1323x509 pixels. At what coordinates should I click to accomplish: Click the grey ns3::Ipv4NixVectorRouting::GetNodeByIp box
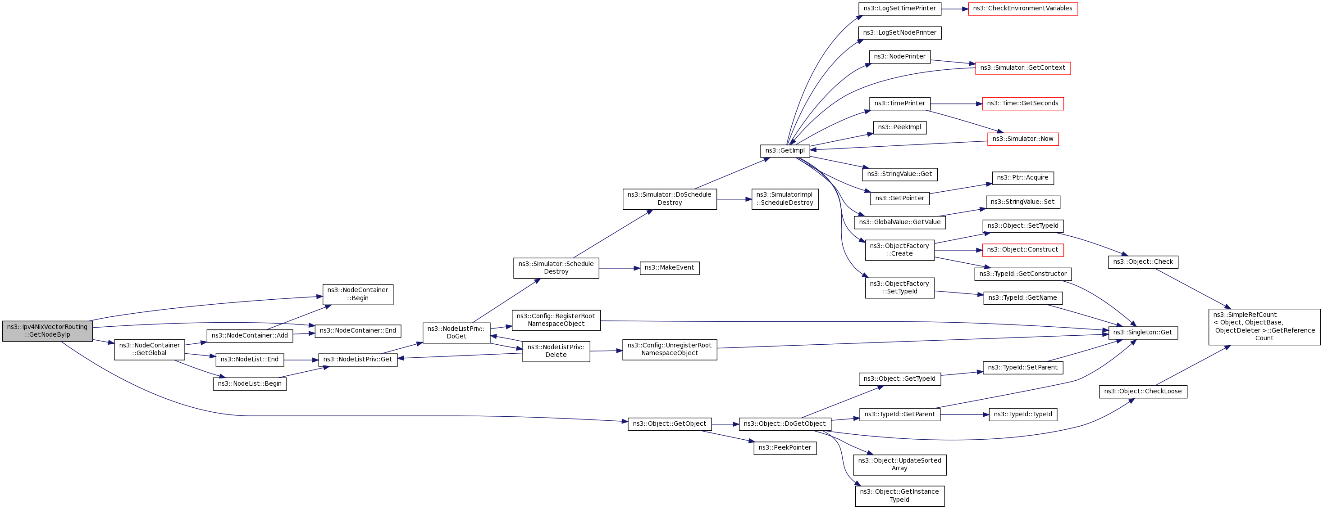click(47, 331)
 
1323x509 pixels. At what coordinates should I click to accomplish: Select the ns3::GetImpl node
click(785, 151)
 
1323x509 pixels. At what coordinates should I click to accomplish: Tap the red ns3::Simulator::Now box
click(1022, 139)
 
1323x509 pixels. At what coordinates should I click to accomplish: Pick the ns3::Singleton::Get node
click(1143, 333)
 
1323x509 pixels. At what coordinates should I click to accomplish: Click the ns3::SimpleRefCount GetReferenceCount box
click(1264, 327)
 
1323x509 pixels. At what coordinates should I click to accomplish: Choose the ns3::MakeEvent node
click(669, 268)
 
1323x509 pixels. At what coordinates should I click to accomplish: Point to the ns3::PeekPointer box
click(785, 448)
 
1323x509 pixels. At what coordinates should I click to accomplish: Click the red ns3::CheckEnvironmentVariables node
click(1022, 9)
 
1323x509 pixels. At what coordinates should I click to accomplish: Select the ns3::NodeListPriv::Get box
click(357, 360)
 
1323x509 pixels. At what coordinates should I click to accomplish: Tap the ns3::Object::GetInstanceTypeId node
click(899, 495)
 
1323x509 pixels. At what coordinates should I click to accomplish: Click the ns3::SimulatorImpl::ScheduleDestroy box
click(785, 199)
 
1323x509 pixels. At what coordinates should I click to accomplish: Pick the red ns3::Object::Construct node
click(1022, 250)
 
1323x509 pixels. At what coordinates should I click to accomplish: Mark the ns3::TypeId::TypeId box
click(1022, 414)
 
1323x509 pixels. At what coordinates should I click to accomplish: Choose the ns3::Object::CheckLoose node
click(1143, 392)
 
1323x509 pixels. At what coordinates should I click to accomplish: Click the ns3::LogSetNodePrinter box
click(899, 33)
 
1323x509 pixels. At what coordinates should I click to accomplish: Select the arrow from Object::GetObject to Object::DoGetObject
click(725, 424)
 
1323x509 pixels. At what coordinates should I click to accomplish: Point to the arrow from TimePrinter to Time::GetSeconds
click(956, 104)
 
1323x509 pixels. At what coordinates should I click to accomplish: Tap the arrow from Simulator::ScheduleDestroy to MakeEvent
click(619, 268)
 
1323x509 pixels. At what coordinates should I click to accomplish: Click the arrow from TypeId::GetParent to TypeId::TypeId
click(964, 414)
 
